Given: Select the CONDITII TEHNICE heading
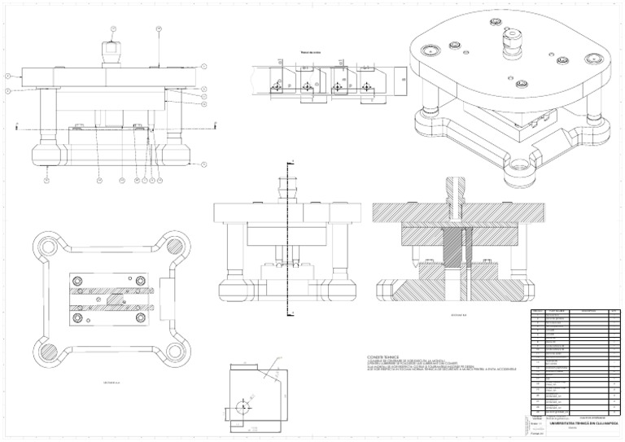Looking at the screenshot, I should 384,357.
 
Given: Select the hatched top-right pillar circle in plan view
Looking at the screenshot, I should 174,246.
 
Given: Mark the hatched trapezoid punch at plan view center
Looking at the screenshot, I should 112,299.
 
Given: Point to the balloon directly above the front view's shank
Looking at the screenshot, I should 113,30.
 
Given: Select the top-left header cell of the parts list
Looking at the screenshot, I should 536,311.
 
